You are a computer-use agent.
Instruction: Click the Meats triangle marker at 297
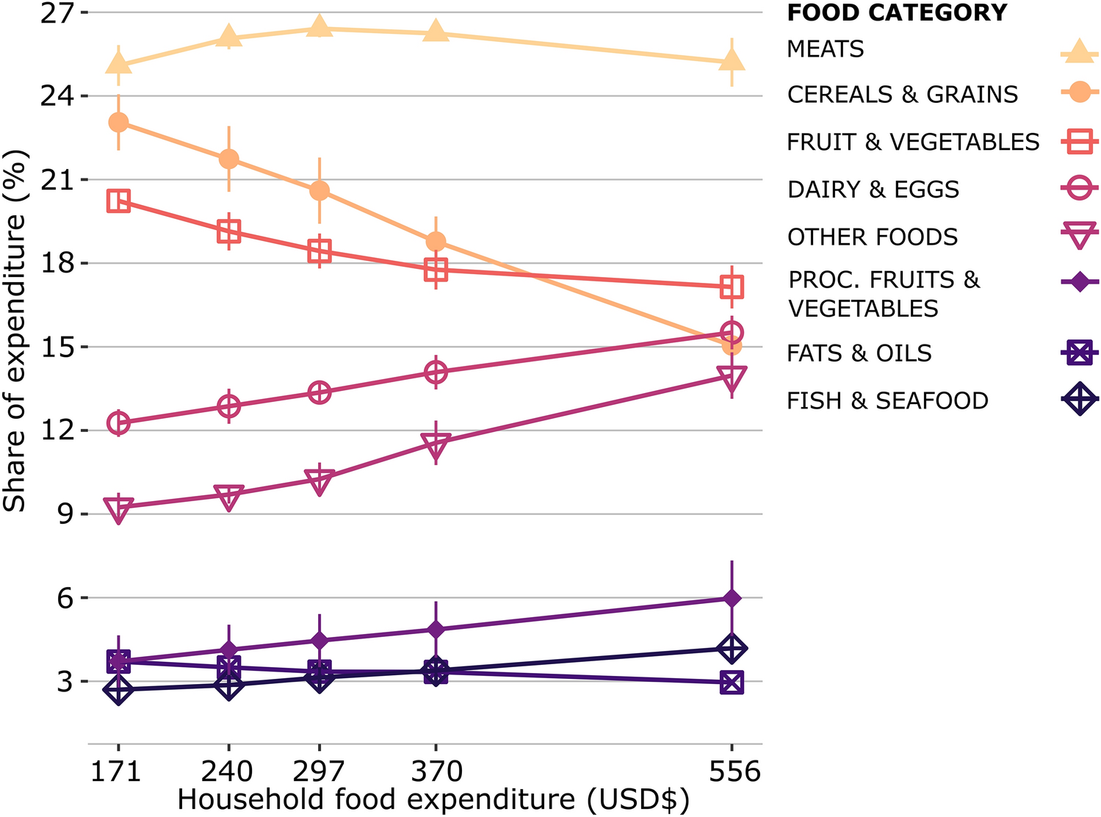[319, 27]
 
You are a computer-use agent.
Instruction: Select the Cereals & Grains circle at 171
[118, 122]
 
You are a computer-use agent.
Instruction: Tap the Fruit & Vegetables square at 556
[732, 287]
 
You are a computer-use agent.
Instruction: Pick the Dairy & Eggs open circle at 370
[436, 372]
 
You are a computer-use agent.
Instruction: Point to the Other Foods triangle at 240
[229, 497]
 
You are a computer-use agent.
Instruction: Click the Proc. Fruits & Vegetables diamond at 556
[732, 599]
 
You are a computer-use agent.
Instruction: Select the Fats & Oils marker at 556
[732, 683]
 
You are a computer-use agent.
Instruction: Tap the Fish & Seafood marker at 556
[732, 649]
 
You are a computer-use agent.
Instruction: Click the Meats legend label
[825, 49]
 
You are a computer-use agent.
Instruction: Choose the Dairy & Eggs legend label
[873, 190]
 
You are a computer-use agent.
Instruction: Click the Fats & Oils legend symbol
[1079, 353]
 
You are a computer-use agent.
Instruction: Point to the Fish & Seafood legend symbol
[1079, 400]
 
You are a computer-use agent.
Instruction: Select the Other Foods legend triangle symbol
[1079, 237]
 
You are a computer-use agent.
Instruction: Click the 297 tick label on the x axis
[318, 771]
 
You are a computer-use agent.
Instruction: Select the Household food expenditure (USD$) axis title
[433, 799]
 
